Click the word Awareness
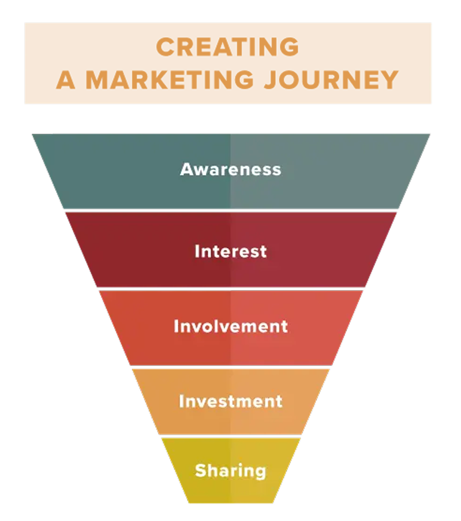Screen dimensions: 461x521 tap(230, 169)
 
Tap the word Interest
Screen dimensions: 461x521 tap(230, 251)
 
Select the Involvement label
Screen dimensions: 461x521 tap(230, 326)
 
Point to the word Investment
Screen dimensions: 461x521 tap(230, 401)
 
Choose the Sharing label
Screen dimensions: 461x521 tap(230, 471)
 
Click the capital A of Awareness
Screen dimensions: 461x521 tap(187, 169)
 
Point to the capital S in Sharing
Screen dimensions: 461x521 tap(200, 471)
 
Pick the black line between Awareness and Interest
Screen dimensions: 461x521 tap(230, 211)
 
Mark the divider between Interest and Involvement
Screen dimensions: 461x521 tap(230, 289)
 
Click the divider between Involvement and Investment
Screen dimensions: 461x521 tap(230, 367)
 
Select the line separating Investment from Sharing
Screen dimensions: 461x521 tap(230, 436)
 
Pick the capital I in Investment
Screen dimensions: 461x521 tap(182, 401)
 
